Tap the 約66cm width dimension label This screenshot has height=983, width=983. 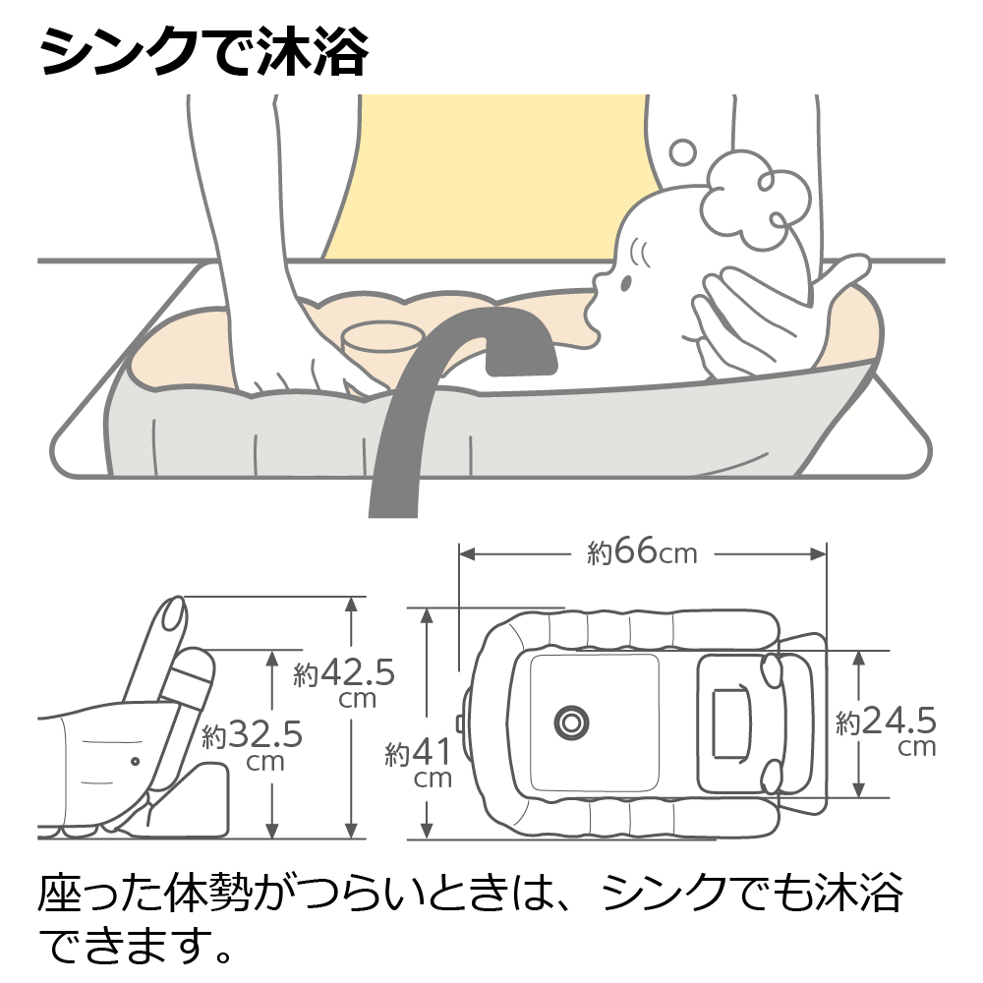[x=642, y=553]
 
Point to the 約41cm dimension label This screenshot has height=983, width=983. [x=419, y=763]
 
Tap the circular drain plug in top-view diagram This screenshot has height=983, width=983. [x=570, y=723]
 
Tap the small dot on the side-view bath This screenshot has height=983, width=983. [x=135, y=760]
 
